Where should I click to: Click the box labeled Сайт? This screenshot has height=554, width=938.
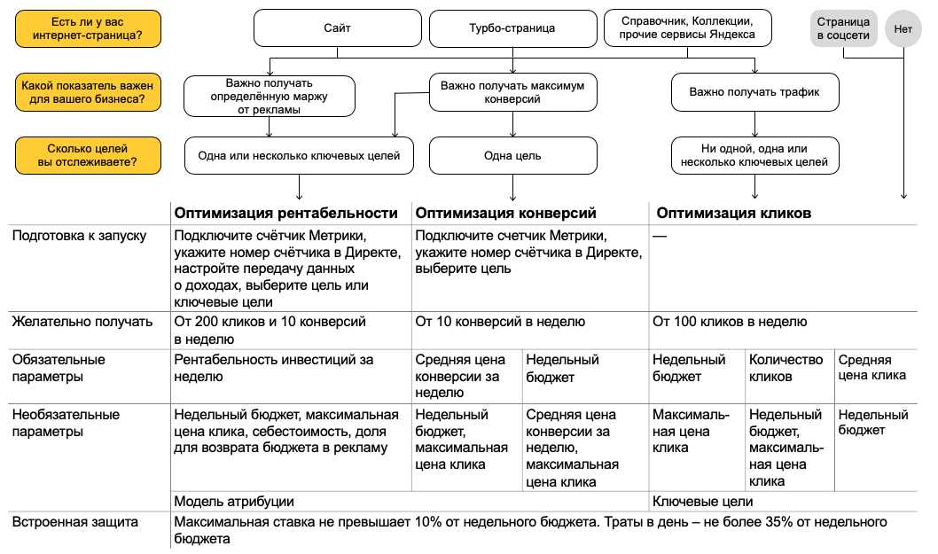[337, 28]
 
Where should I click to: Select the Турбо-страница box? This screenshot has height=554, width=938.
[512, 28]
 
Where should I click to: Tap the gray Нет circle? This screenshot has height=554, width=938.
[903, 28]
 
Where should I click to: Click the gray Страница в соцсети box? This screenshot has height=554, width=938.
[842, 28]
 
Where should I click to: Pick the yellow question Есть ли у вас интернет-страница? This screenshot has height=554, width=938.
[88, 28]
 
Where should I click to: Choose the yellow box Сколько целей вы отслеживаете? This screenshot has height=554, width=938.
[88, 155]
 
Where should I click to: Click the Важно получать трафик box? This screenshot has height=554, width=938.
[754, 91]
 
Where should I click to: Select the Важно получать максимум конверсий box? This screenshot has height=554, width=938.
[513, 92]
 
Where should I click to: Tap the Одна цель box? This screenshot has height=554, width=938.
[512, 156]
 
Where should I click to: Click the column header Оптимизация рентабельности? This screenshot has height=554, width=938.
[285, 213]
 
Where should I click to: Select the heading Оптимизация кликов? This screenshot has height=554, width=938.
[733, 213]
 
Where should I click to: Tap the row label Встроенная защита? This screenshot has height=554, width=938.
[74, 522]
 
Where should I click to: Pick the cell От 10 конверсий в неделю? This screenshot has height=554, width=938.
[500, 322]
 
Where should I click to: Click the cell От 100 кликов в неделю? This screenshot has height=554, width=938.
[730, 322]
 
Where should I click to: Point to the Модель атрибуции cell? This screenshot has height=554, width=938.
[234, 502]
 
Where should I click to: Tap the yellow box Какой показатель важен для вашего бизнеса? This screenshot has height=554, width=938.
[88, 92]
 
